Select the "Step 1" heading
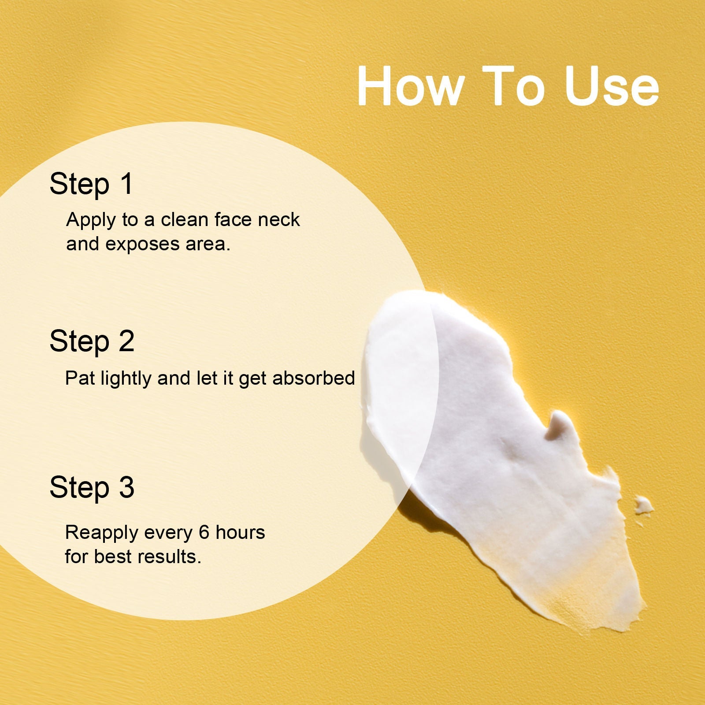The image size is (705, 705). pos(91,185)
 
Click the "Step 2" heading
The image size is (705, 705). pos(92,341)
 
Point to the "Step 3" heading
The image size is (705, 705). pos(92,488)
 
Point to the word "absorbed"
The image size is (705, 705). pos(314,378)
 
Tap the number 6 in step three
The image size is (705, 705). pos(204,533)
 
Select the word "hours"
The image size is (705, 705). pos(240,532)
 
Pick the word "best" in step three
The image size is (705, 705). pos(113,557)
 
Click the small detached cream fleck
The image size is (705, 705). pos(644,505)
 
